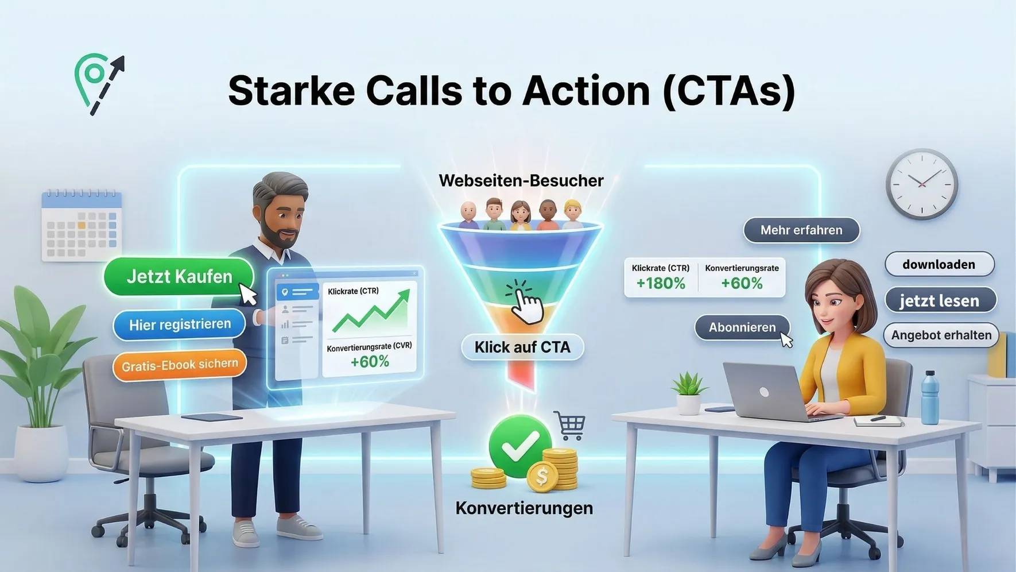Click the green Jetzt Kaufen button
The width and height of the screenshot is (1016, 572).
[179, 276]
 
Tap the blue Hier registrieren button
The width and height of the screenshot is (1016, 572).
[179, 324]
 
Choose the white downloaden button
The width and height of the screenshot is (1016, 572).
[939, 264]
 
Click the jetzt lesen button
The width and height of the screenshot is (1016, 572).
[940, 300]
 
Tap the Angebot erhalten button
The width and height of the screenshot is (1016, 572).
[941, 335]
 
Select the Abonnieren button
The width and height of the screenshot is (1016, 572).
[742, 327]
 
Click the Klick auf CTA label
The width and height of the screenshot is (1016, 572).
[522, 347]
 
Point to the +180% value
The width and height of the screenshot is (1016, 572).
[661, 283]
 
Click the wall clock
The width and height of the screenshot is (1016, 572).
[922, 184]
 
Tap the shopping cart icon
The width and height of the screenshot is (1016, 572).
[570, 426]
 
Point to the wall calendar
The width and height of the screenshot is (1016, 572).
[82, 226]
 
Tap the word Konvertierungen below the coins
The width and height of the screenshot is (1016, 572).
[524, 508]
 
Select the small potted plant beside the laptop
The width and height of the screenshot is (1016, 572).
[689, 393]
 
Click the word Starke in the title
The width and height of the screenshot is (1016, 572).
[292, 91]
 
